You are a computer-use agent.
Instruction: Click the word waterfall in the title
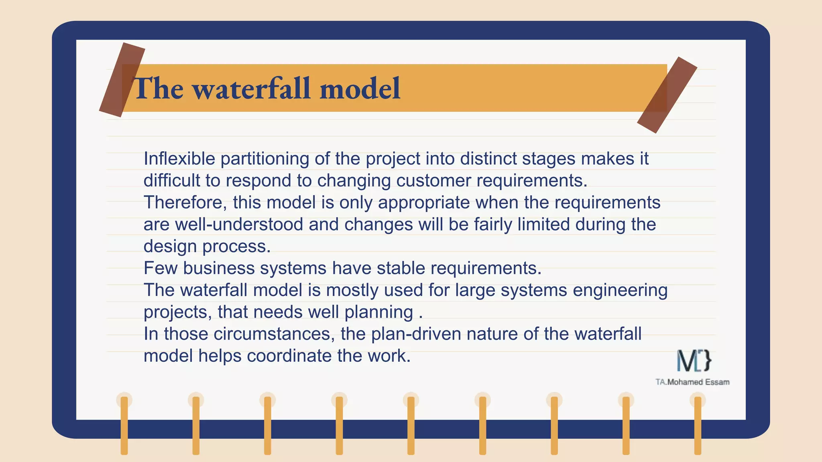pos(252,89)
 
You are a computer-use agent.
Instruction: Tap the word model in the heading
pos(360,89)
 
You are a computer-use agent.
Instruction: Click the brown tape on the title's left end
pos(122,80)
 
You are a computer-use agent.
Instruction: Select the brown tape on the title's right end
pos(667,95)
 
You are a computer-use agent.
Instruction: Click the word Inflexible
pos(179,159)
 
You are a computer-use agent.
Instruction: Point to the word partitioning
pos(265,159)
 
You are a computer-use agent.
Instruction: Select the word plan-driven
pos(416,334)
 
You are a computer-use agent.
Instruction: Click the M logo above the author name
pos(694,361)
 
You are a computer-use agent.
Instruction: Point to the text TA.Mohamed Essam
pos(692,382)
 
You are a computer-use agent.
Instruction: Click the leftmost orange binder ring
pos(124,425)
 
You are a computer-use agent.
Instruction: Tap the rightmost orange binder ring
pos(698,425)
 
